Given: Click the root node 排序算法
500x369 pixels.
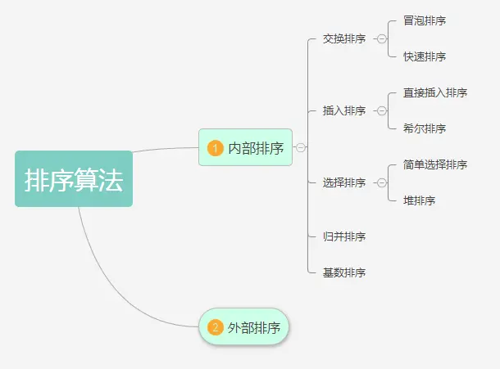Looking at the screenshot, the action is coord(74,179).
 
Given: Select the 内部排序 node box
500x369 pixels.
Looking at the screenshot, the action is coord(246,147).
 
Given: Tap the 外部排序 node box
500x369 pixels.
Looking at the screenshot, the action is coord(244,327).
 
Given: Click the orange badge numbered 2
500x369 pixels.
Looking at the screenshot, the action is coord(216,327).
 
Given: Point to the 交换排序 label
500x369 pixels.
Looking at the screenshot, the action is coord(344,38).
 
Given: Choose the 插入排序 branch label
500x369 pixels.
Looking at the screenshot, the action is coord(344,110).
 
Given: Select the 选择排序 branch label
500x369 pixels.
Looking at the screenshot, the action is coord(344,182).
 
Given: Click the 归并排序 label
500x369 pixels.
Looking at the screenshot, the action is coord(344,236).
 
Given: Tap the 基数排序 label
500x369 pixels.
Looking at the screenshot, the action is coord(344,272).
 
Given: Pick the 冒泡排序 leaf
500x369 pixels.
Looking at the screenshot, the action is coord(425,20).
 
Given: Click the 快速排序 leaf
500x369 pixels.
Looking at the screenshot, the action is coord(425,56).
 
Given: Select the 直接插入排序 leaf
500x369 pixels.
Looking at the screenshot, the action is coord(435,92).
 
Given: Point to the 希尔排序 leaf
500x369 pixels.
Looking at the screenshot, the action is coord(425,128).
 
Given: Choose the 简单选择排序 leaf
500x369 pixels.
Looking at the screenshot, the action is coord(435,164).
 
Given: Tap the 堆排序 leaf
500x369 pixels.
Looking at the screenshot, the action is coord(419,200).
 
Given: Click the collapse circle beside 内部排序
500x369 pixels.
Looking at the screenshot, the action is coord(301,147).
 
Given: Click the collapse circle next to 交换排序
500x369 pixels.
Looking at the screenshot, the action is coord(381,38).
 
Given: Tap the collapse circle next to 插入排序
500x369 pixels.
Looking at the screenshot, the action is coord(381,110).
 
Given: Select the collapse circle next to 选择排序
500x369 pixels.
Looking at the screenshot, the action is coord(381,182).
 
